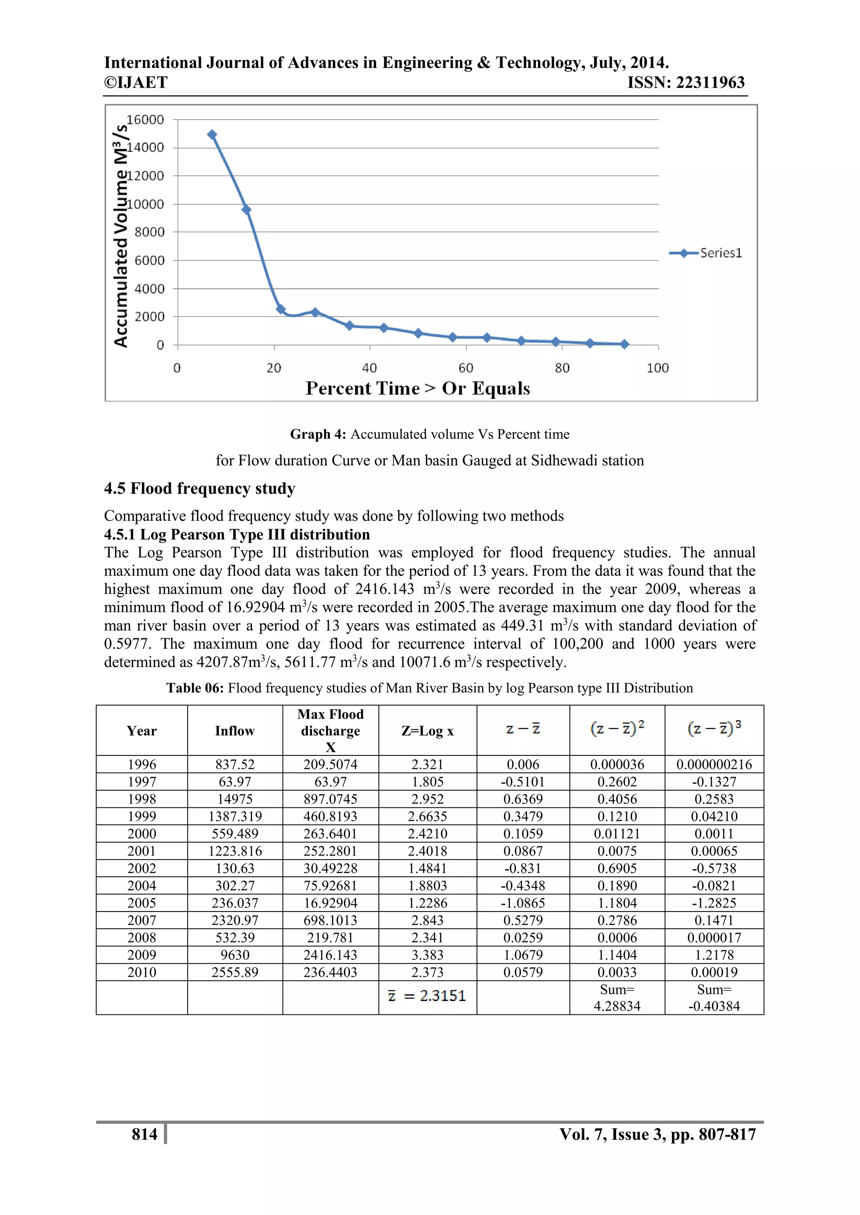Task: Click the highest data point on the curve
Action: click(212, 134)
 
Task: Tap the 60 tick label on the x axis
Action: click(465, 368)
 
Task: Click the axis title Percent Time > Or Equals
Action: click(417, 388)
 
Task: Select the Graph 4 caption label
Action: click(318, 434)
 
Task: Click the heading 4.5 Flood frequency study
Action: click(199, 488)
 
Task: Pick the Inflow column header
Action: click(235, 731)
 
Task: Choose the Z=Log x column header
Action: click(427, 731)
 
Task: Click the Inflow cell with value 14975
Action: click(235, 799)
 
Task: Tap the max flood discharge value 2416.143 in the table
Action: click(330, 955)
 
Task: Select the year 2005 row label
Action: click(142, 903)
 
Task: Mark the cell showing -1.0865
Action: click(523, 903)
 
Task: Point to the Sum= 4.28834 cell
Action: click(617, 998)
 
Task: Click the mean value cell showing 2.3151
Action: click(427, 996)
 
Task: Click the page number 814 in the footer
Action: click(144, 1134)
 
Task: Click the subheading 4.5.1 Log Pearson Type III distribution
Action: click(237, 534)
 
